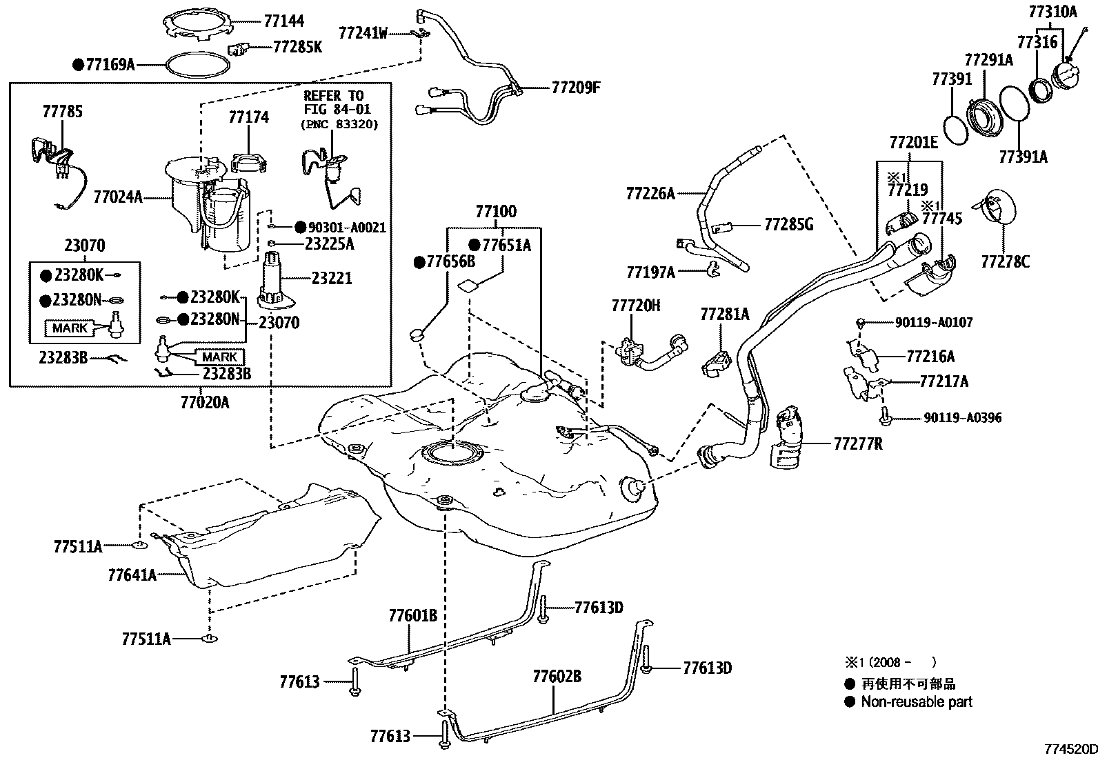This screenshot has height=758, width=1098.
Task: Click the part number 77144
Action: coord(284,21)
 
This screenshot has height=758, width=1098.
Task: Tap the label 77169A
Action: coord(110,64)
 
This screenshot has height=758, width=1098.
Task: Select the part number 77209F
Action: coord(576,88)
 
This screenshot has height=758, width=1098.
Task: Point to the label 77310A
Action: coord(1053,12)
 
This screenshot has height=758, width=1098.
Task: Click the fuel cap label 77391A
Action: coord(1024,157)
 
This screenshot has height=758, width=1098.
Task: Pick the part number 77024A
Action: coord(118,197)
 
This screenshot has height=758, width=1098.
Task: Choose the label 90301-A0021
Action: coord(347,228)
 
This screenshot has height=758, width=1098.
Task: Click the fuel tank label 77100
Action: coord(496,211)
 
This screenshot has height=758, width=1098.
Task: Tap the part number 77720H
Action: coord(636,306)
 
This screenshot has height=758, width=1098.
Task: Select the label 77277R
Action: coord(858,444)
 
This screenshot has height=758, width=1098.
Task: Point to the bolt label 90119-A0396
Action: coord(963,418)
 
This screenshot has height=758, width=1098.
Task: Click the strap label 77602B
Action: coord(557,677)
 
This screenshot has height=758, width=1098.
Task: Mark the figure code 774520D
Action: coord(1071,748)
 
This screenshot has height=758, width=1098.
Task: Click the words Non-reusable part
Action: coord(917,701)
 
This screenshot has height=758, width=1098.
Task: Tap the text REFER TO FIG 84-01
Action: coord(337,103)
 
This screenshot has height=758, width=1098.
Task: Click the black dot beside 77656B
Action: coord(419,263)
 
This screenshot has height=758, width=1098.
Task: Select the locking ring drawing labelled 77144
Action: coord(197,23)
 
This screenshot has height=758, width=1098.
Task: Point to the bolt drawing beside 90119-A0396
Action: coord(884,415)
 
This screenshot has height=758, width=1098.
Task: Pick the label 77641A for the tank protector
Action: coord(132,575)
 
